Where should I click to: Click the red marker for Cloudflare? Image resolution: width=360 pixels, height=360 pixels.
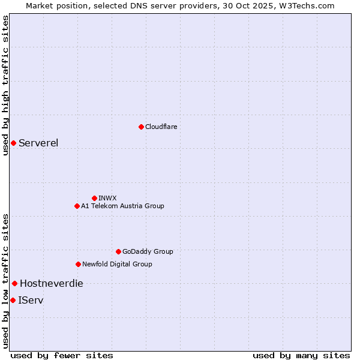[141, 127]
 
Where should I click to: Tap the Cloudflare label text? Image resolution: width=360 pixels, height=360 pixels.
[161, 127]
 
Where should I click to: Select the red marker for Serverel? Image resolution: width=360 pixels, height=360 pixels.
[13, 143]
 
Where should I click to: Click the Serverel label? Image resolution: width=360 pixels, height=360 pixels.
[38, 143]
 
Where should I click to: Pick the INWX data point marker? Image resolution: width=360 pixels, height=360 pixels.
[94, 198]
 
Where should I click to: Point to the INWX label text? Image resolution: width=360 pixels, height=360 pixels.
[107, 198]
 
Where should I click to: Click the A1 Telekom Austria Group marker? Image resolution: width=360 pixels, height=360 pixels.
[77, 206]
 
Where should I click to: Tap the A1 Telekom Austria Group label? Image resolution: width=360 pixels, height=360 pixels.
[122, 206]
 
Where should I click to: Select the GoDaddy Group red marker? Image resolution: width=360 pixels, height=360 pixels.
[118, 251]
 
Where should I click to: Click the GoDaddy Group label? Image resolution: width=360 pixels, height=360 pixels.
[148, 251]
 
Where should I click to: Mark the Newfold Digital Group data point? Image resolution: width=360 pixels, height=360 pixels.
[78, 264]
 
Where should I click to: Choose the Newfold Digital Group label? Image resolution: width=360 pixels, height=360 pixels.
[117, 264]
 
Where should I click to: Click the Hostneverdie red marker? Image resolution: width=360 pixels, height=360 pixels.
[14, 283]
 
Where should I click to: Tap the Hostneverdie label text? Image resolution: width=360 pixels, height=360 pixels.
[52, 283]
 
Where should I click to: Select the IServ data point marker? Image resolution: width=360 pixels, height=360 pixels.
[13, 300]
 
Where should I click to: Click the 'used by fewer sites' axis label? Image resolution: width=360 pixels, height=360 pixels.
[62, 355]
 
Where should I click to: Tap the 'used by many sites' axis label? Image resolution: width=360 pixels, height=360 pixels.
[301, 355]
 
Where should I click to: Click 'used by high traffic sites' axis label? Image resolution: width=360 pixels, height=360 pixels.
[5, 85]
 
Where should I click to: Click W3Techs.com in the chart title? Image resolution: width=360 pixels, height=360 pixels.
[305, 5]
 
